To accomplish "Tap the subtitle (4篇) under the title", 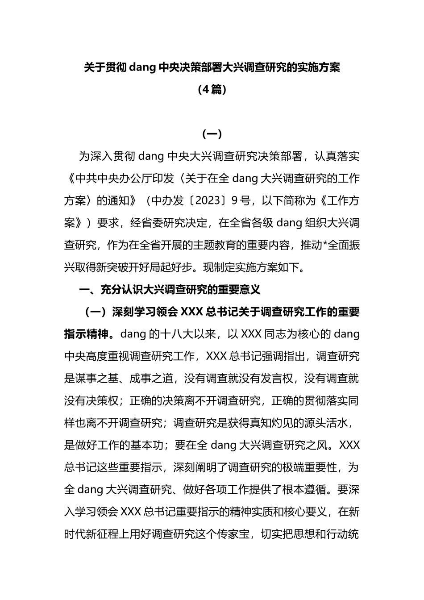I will (x=212, y=90).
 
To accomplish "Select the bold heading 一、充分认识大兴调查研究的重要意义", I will (x=170, y=290).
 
